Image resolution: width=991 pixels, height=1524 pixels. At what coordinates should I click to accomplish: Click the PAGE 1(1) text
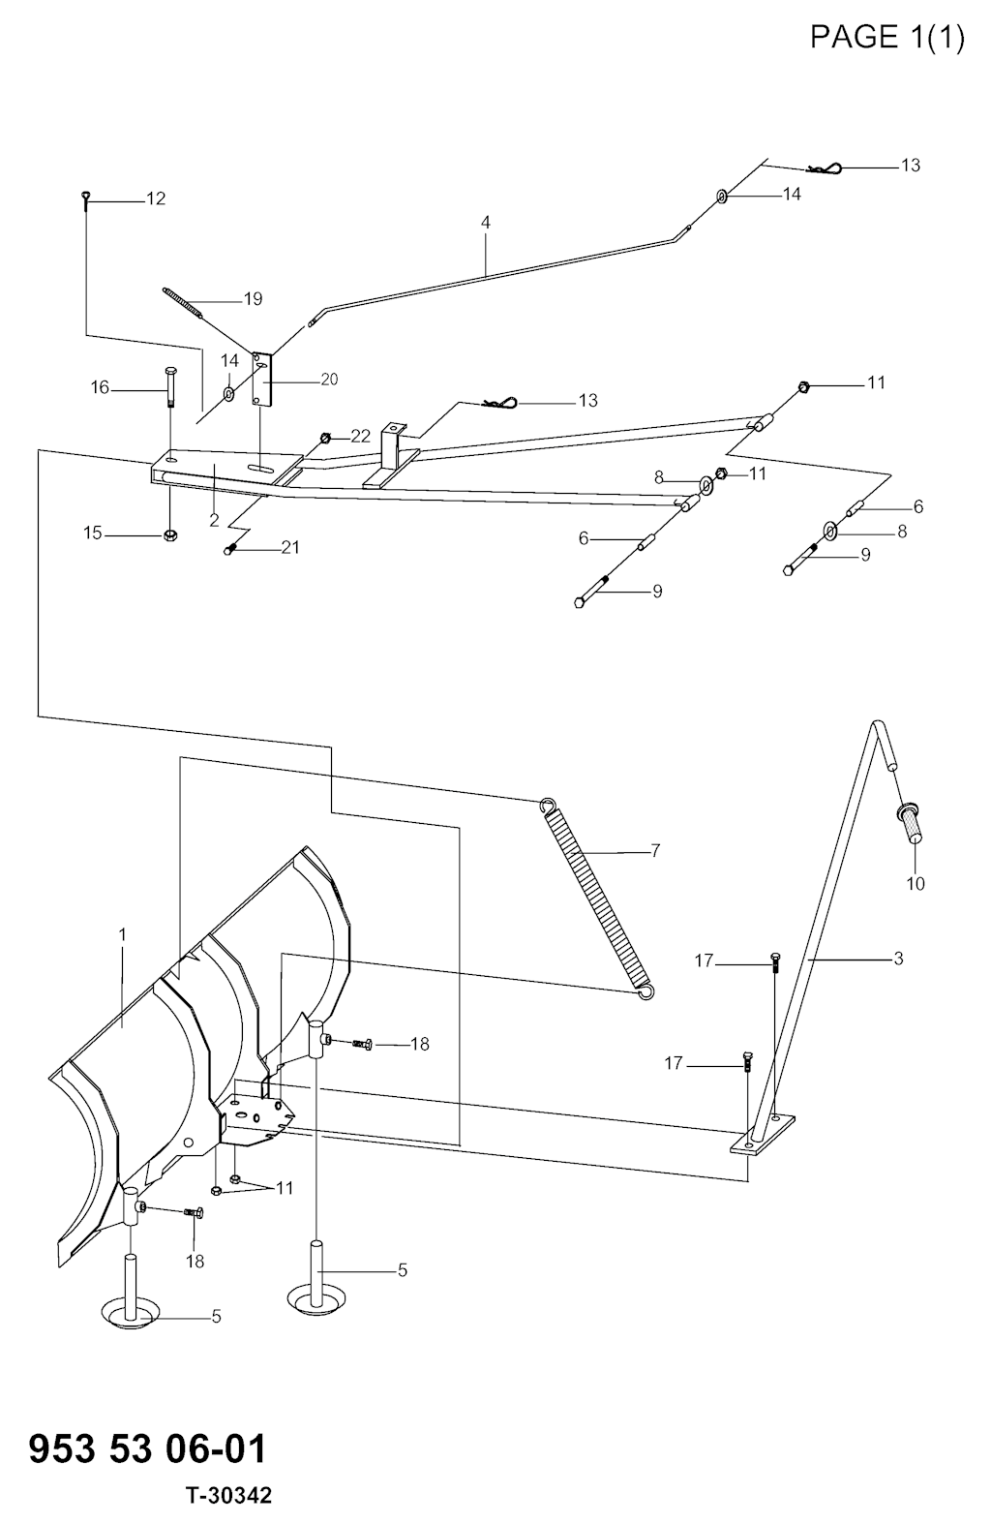pyautogui.click(x=886, y=37)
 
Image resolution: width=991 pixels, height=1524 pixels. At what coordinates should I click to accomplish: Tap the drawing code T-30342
pyautogui.click(x=229, y=1495)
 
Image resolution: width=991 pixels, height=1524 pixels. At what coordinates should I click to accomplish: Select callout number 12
pyautogui.click(x=156, y=198)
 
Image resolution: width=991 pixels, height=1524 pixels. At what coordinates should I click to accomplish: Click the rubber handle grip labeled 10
pyautogui.click(x=911, y=823)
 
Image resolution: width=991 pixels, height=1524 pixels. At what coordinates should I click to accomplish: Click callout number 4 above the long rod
pyautogui.click(x=485, y=223)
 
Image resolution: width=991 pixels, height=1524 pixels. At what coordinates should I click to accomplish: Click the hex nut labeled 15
pyautogui.click(x=170, y=535)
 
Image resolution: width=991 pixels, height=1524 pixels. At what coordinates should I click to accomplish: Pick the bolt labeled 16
pyautogui.click(x=170, y=385)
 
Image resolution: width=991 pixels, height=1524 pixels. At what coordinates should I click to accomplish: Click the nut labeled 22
pyautogui.click(x=325, y=437)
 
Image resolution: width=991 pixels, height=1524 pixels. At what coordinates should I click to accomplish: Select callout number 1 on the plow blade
pyautogui.click(x=123, y=934)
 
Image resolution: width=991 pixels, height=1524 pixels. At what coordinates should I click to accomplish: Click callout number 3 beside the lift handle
pyautogui.click(x=898, y=959)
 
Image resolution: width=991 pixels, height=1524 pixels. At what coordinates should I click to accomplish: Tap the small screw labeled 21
pyautogui.click(x=230, y=549)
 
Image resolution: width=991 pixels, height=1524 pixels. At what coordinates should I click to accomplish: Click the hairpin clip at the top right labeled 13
pyautogui.click(x=825, y=168)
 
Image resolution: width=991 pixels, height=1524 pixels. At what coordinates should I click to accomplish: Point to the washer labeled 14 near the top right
pyautogui.click(x=721, y=197)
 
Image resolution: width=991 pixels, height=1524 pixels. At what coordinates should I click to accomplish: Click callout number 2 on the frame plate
pyautogui.click(x=214, y=520)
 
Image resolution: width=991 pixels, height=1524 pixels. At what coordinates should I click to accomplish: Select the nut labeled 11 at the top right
pyautogui.click(x=802, y=387)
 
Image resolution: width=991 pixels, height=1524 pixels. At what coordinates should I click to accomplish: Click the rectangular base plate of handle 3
pyautogui.click(x=762, y=1134)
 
